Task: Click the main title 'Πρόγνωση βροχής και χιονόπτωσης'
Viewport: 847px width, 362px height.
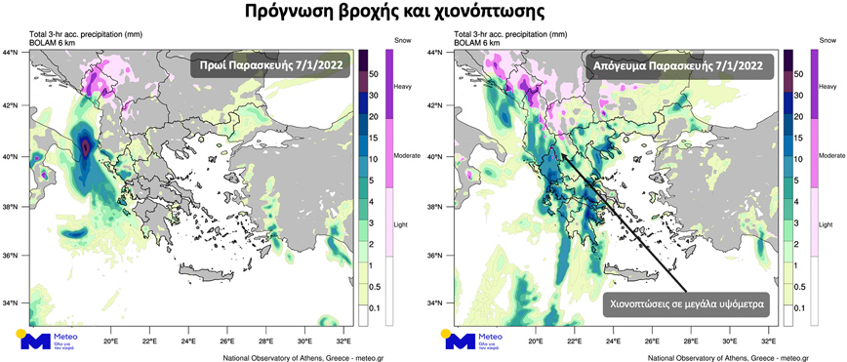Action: tap(423, 13)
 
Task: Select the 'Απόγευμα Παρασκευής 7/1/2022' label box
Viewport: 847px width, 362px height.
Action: tap(679, 66)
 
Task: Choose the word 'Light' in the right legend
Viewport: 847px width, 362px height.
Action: tap(826, 223)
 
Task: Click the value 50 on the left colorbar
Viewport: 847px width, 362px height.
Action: tap(373, 74)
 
